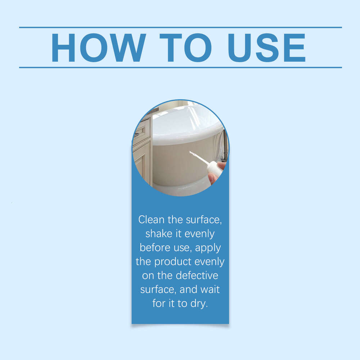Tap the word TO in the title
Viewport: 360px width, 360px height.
(185, 48)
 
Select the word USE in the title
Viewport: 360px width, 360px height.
(266, 48)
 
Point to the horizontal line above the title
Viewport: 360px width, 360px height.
(180, 27)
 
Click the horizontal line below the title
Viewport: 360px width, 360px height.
(180, 68)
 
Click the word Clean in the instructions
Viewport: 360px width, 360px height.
(151, 220)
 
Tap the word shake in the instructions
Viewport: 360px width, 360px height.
(159, 234)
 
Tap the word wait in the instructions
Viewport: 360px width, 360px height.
(210, 289)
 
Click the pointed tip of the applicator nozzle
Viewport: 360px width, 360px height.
(190, 152)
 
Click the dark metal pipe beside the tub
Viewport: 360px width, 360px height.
(226, 145)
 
